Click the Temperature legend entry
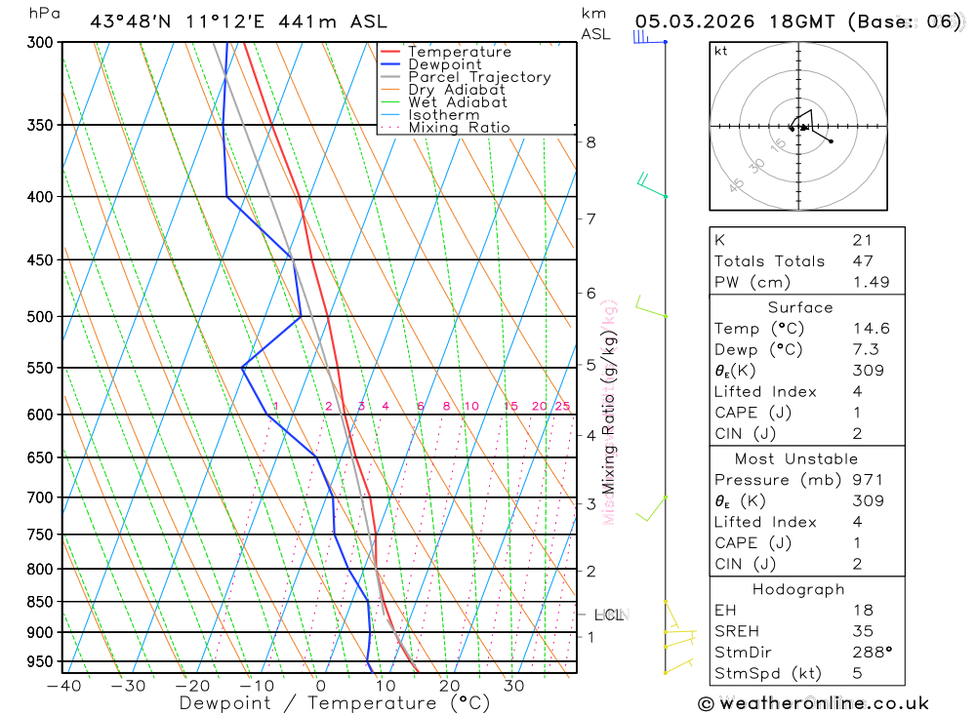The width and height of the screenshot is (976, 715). [x=459, y=52]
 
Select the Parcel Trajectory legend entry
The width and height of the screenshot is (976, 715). [x=478, y=77]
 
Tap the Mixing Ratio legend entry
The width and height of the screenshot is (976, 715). [x=459, y=128]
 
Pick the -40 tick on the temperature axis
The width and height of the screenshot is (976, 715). [x=63, y=686]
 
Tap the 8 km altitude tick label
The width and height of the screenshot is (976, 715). [x=590, y=142]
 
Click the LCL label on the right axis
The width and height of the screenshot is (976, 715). [x=609, y=616]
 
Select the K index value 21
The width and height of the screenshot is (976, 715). [x=862, y=240]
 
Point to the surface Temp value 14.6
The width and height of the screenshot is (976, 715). [x=871, y=329]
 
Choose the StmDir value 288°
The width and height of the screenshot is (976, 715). [x=872, y=653]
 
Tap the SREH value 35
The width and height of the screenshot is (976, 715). [x=862, y=631]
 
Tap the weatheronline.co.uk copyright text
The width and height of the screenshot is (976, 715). [x=813, y=702]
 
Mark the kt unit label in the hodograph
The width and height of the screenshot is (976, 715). [x=720, y=52]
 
